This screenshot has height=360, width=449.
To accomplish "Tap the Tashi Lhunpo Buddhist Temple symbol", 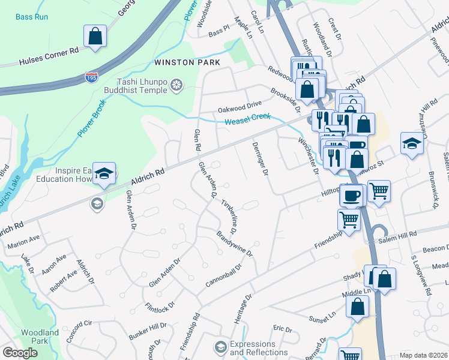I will [x=176, y=86].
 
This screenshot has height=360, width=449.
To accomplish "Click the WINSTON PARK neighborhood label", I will [x=187, y=62].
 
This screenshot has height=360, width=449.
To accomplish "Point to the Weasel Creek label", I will [x=248, y=119].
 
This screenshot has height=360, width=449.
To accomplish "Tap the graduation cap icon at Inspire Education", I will [x=104, y=173].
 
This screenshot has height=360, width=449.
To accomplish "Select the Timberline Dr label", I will [x=229, y=217].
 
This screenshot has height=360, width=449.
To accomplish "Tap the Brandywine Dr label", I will [x=235, y=244].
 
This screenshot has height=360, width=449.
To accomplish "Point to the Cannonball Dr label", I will [x=223, y=276].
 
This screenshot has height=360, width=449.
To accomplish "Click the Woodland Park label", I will [x=40, y=337].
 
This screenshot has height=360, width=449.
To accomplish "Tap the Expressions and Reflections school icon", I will [x=220, y=347].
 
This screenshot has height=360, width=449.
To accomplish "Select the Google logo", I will [x=20, y=353].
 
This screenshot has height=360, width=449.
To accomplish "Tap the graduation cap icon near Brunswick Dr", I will [x=412, y=143].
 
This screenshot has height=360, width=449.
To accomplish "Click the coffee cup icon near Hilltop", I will [x=354, y=194].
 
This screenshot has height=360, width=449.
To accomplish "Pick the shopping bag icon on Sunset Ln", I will [x=358, y=306].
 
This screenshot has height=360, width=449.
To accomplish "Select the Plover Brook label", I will [x=91, y=119].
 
